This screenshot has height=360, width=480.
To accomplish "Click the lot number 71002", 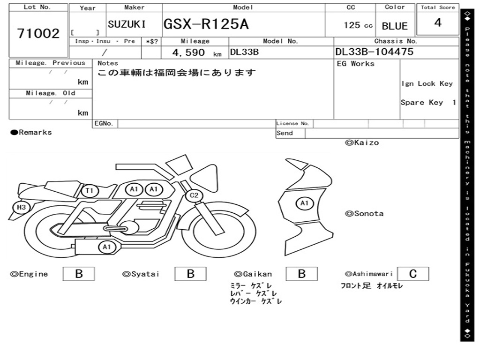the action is (x=38, y=33).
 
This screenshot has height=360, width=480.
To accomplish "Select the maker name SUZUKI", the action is (x=127, y=24).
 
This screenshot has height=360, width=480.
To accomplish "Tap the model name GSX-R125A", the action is (x=206, y=24).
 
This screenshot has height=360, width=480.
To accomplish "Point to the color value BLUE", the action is (x=395, y=26).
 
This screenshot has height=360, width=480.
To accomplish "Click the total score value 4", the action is (x=438, y=22).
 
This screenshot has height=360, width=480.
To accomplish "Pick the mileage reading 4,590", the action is (x=188, y=52).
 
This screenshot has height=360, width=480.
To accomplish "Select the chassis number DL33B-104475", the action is (x=375, y=52).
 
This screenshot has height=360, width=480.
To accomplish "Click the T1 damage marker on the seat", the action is (x=90, y=191).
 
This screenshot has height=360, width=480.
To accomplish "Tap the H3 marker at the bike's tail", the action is (x=21, y=207).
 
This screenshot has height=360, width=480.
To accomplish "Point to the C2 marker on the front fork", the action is (x=194, y=195).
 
